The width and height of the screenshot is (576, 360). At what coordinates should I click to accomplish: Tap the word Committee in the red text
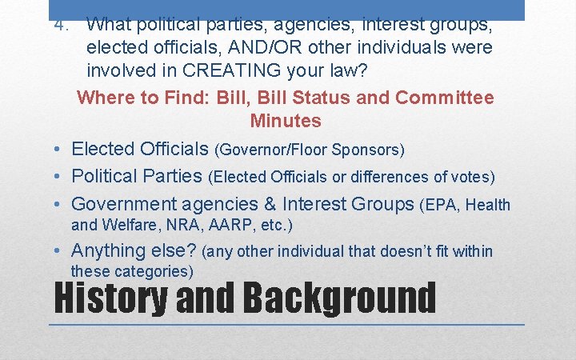[x=445, y=98]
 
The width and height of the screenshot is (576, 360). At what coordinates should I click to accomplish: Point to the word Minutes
[x=286, y=121]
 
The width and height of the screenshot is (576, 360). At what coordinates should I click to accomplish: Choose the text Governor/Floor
[x=272, y=150]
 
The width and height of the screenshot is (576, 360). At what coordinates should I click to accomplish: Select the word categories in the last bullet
[x=149, y=271]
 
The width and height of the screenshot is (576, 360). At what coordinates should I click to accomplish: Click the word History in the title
[x=109, y=298]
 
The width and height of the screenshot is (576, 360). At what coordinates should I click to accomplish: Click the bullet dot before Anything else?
[x=60, y=252]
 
